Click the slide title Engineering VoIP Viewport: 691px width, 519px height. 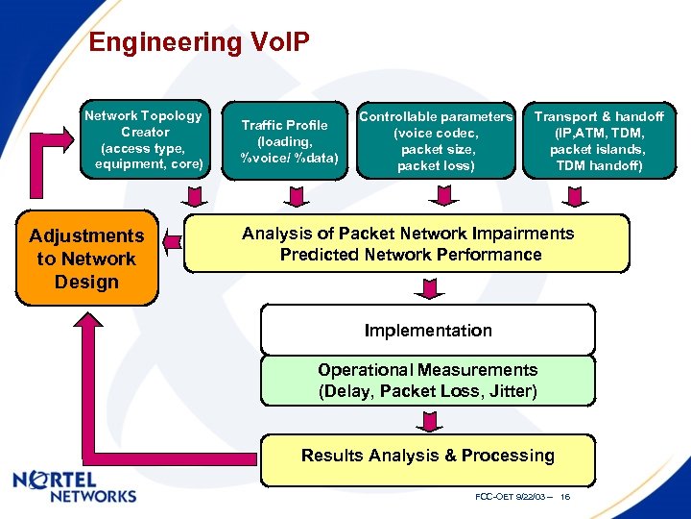click(x=199, y=42)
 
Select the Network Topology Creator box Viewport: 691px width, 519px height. click(x=144, y=139)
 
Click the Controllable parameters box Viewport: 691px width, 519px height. click(x=436, y=140)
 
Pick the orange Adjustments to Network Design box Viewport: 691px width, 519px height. click(x=86, y=259)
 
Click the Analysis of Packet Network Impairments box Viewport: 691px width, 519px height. click(x=407, y=244)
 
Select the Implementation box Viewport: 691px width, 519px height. click(x=428, y=331)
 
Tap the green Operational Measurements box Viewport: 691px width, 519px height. click(x=428, y=381)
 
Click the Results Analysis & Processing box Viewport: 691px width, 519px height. click(x=428, y=456)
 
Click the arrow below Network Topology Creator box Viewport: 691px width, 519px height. click(x=194, y=197)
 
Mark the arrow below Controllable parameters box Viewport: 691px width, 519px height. click(x=441, y=197)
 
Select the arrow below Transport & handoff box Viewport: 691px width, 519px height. click(x=573, y=197)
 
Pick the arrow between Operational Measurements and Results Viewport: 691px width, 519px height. click(x=426, y=421)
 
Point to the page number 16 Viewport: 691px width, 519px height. click(x=565, y=497)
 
